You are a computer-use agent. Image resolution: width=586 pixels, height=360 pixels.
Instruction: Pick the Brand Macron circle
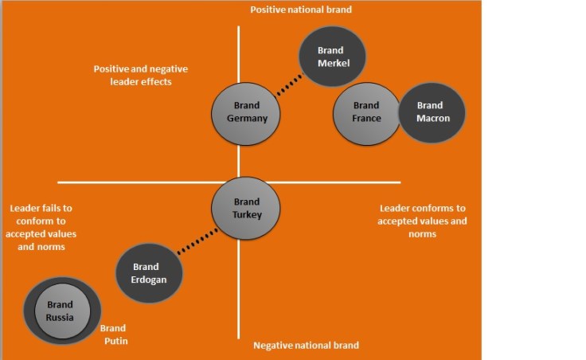click(432, 112)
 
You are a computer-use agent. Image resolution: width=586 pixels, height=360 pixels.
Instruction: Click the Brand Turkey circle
click(246, 208)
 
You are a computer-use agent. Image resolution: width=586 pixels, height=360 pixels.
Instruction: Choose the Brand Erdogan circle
click(149, 273)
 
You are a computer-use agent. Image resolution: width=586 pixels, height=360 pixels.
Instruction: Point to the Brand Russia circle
click(61, 310)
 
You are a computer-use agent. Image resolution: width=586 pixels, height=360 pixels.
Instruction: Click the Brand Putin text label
click(112, 335)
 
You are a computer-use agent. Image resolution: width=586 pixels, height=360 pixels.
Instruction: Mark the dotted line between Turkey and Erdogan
click(197, 242)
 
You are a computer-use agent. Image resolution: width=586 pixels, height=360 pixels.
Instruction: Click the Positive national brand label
click(301, 10)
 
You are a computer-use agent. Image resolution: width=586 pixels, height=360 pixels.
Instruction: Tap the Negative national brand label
click(306, 346)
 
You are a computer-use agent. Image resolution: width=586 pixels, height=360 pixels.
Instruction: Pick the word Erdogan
click(146, 280)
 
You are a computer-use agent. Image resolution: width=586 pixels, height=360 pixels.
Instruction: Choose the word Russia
click(60, 317)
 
